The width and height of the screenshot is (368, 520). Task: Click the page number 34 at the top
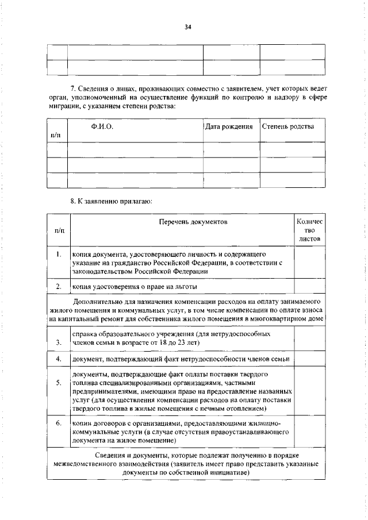(x=187, y=26)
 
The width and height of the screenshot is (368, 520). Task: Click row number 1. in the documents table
(x=58, y=254)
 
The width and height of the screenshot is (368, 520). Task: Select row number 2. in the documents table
(x=58, y=286)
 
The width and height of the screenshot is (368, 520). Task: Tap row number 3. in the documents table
(x=58, y=344)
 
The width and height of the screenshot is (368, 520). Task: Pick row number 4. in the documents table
(x=58, y=359)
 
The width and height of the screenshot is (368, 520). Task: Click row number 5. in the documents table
(x=58, y=383)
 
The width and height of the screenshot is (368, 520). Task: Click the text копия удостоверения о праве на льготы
(x=135, y=286)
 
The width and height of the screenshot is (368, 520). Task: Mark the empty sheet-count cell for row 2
(x=309, y=286)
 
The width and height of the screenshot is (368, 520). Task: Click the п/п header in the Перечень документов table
(x=58, y=230)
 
